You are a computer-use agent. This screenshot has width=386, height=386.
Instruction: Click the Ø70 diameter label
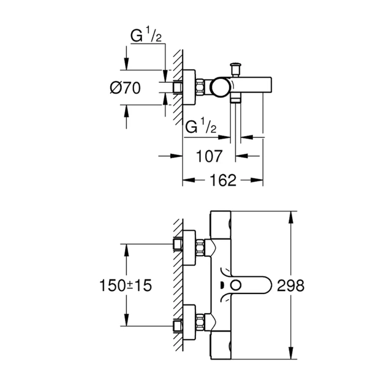(125, 88)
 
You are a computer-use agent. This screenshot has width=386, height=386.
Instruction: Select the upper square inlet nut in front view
(178, 245)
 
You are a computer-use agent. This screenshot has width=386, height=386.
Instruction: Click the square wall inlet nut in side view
(178, 88)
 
